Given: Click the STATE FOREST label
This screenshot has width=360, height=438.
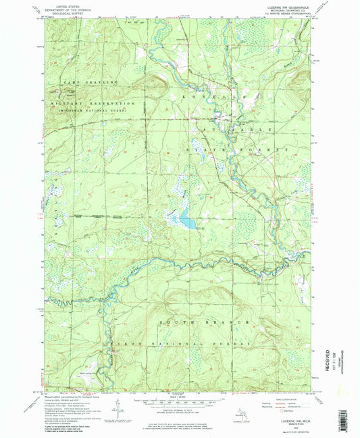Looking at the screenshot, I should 240,149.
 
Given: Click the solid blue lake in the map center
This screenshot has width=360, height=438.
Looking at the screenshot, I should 187,222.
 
